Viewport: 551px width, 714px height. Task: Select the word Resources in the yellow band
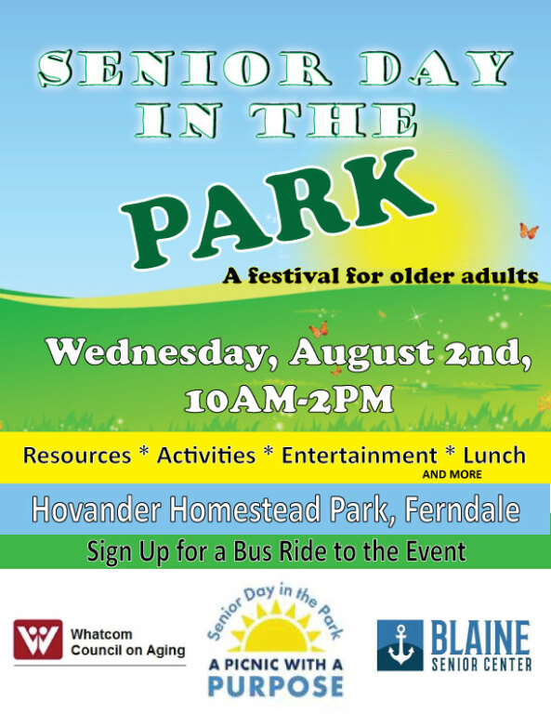tap(77, 456)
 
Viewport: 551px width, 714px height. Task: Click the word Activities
tap(206, 456)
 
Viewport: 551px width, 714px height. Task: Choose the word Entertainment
tap(359, 456)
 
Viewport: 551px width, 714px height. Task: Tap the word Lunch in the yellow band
tap(494, 456)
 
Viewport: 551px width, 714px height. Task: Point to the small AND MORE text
tap(453, 474)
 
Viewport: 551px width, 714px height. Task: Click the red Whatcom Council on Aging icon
tap(37, 640)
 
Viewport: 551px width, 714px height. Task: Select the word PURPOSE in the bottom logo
tap(275, 686)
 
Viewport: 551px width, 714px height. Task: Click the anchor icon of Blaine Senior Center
tap(400, 645)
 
